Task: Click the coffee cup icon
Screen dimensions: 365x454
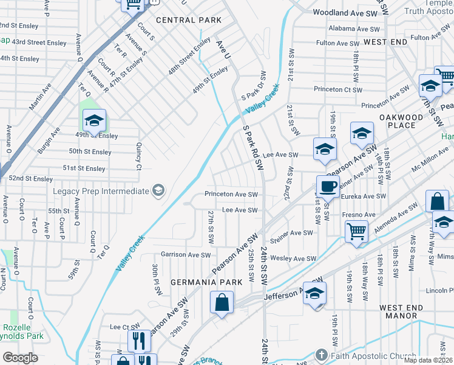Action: (328, 187)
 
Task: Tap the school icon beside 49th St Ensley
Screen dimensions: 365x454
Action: (94, 121)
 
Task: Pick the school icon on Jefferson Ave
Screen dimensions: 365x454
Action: (314, 293)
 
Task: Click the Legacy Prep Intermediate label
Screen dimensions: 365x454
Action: (101, 191)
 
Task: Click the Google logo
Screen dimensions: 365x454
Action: (20, 358)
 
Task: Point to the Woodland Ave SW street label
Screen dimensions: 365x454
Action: (344, 12)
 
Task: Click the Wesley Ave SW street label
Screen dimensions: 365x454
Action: (293, 259)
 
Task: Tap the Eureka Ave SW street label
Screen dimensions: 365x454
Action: (364, 196)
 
